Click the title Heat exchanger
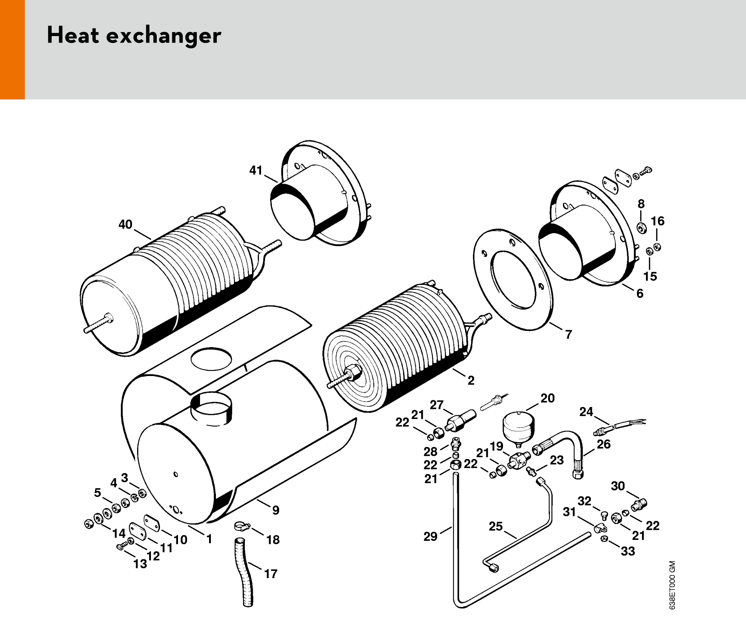click(134, 35)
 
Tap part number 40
click(125, 224)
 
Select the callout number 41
click(256, 170)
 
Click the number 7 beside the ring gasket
click(569, 335)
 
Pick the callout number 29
click(430, 537)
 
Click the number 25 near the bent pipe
click(496, 526)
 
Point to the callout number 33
click(628, 551)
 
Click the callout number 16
click(658, 221)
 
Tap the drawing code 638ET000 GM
click(672, 585)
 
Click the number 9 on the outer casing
click(276, 510)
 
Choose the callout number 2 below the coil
click(471, 380)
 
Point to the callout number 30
click(618, 486)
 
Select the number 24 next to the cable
click(586, 412)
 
